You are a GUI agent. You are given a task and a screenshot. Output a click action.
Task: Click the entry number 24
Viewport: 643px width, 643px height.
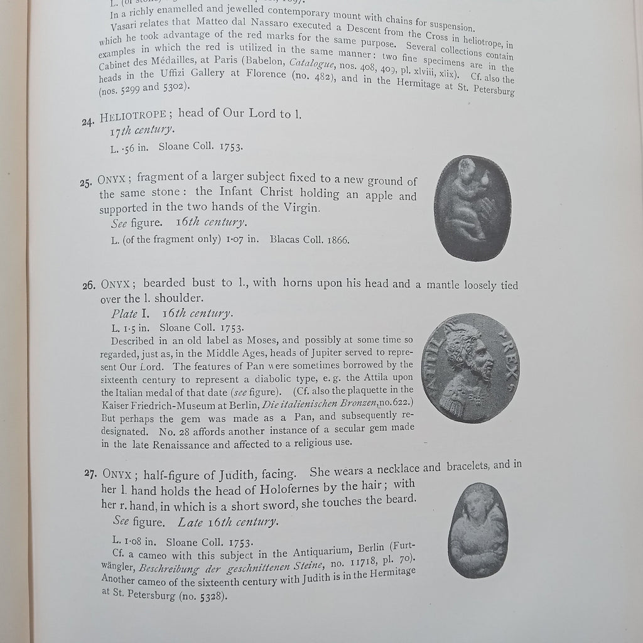tap(87, 122)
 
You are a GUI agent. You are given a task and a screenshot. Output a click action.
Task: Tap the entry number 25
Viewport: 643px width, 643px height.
tap(87, 183)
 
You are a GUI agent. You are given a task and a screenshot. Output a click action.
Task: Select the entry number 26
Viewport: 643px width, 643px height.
tap(89, 286)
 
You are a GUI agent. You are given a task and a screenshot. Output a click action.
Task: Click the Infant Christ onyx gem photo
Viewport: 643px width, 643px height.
tap(472, 208)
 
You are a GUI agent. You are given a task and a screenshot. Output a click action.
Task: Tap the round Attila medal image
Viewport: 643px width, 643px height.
tap(470, 367)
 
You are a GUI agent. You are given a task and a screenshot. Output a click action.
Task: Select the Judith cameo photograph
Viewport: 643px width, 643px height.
tap(478, 531)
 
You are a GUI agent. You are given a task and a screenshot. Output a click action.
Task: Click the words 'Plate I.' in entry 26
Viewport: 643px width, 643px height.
tap(130, 313)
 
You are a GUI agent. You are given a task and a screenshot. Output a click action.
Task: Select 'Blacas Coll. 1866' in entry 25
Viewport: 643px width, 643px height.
tap(310, 240)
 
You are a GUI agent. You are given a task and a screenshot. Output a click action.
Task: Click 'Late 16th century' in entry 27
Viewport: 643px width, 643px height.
tap(227, 522)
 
